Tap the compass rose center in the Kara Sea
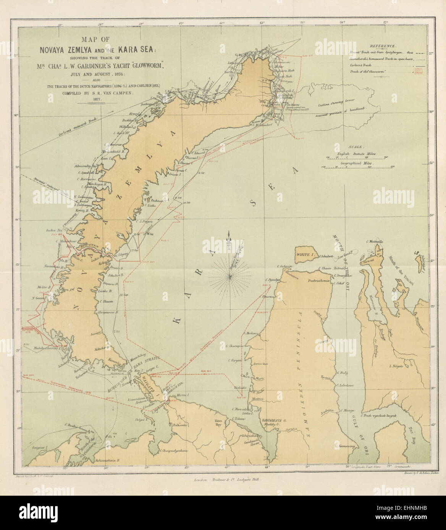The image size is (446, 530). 230,275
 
